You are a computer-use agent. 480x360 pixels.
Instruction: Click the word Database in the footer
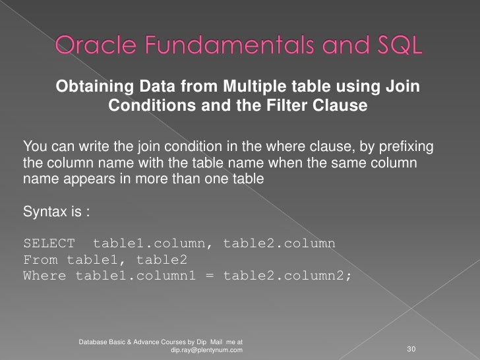(96, 342)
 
